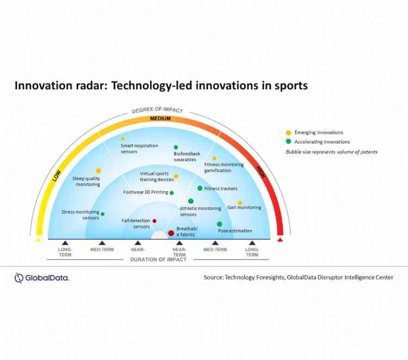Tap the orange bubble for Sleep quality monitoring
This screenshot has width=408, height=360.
point(98,170)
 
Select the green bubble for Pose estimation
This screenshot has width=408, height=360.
point(220,224)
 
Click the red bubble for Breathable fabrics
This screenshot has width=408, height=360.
point(171,233)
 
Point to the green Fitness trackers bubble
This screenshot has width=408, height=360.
point(200,188)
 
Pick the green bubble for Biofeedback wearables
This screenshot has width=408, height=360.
point(176,147)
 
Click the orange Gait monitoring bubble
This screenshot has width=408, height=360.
point(239,203)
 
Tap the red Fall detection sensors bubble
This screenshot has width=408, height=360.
point(154,221)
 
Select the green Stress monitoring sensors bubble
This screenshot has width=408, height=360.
point(102,213)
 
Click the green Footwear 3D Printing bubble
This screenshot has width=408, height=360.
point(172,192)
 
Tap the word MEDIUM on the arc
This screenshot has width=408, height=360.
point(161,118)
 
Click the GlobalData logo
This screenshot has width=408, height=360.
point(42,278)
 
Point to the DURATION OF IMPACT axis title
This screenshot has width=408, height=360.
point(158,260)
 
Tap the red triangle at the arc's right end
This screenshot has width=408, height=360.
point(280,239)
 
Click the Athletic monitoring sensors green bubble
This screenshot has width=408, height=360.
point(191,201)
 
